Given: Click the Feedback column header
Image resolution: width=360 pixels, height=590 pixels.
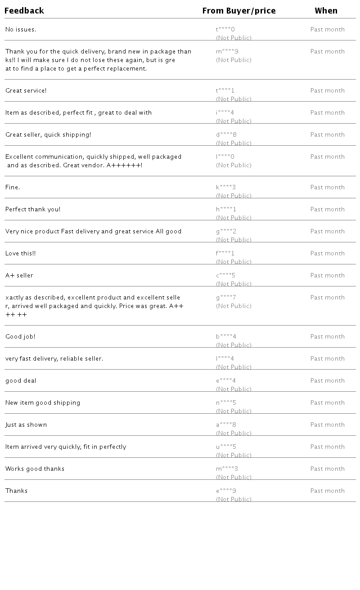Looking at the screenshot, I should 24,11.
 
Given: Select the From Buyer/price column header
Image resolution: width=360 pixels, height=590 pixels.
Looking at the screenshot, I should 238,11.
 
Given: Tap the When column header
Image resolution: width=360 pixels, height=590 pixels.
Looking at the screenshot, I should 326,11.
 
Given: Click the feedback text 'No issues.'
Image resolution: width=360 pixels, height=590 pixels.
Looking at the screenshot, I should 21,30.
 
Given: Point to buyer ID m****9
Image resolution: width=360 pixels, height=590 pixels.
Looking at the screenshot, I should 227,52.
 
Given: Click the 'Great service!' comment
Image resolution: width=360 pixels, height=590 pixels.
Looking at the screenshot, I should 26,91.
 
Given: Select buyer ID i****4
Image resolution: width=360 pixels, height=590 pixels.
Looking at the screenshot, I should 225,113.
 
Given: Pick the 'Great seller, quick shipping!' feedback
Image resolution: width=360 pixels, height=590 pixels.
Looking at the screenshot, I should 48,135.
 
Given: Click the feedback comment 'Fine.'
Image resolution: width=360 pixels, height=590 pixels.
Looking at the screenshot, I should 13,188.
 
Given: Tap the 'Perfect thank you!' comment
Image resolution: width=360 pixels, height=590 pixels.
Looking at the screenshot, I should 33,210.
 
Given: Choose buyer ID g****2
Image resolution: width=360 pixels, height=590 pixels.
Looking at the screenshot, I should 226,232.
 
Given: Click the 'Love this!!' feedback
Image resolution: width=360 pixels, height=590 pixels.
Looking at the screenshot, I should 21,254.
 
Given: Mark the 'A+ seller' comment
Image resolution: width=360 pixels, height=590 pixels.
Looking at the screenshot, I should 19,276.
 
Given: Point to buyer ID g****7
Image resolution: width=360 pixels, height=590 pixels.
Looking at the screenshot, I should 226,298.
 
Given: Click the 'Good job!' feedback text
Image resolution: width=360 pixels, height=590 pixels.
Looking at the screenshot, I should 20,337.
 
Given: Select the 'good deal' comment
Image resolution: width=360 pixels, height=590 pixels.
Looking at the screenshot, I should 21,381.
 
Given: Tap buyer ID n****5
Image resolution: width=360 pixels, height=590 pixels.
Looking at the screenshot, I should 226,403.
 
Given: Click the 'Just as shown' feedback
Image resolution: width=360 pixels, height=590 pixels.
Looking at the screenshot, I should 26,425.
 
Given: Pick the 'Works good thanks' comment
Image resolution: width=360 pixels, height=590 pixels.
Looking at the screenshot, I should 35,469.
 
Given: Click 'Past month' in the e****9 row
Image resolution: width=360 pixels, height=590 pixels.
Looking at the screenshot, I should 327,491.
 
